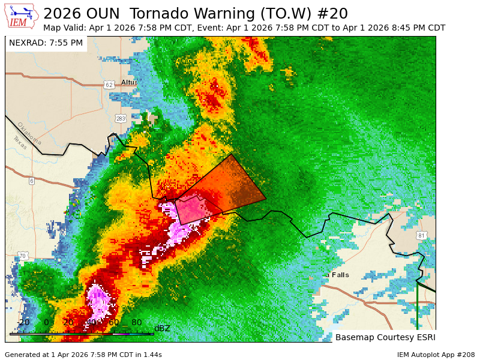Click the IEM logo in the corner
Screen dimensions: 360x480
click(x=22, y=16)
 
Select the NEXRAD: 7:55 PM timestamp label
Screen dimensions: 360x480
click(x=46, y=43)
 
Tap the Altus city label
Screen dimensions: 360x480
click(x=129, y=82)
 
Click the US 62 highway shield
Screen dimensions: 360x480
click(x=108, y=85)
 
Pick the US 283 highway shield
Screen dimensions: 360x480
click(x=121, y=118)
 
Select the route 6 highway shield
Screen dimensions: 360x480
click(x=31, y=181)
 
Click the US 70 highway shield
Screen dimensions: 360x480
click(x=22, y=256)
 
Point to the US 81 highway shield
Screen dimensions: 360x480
click(x=421, y=235)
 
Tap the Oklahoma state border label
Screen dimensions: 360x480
click(x=29, y=133)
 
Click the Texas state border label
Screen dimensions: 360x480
click(x=19, y=143)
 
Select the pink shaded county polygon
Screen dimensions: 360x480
click(x=195, y=210)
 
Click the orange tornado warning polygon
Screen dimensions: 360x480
click(x=237, y=186)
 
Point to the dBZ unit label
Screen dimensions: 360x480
click(x=162, y=328)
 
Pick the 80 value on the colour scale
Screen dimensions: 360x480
click(x=136, y=322)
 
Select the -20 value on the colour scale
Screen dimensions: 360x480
click(x=23, y=322)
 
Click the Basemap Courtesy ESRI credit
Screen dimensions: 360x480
click(x=385, y=337)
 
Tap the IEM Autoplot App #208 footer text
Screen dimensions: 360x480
click(x=436, y=355)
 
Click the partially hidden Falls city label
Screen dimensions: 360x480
click(x=338, y=275)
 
